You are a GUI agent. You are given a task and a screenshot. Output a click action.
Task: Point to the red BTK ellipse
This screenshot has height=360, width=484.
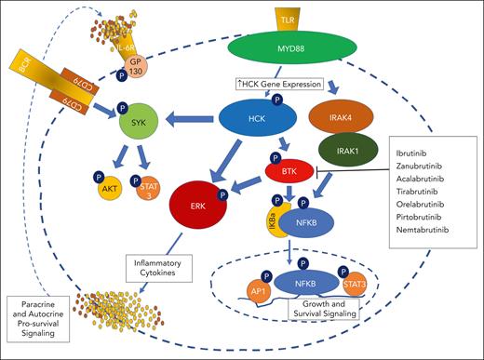tap(288, 170)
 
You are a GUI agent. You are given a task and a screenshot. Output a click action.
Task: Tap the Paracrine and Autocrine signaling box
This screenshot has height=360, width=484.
tap(49, 315)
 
